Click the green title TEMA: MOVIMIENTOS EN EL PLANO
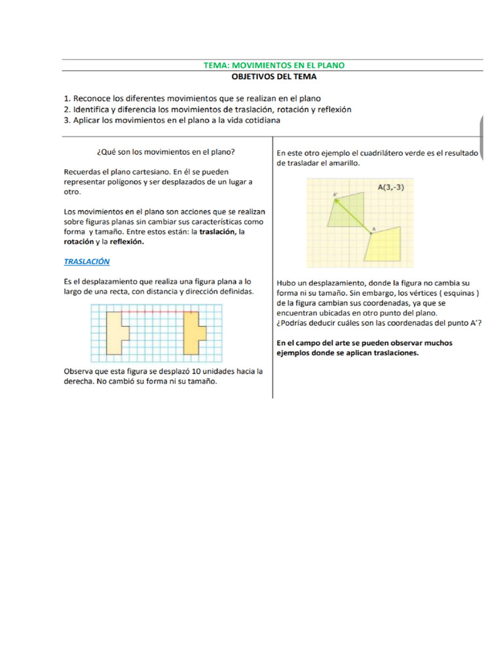pyautogui.click(x=274, y=65)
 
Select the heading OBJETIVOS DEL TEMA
pyautogui.click(x=274, y=77)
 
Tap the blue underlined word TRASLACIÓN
pyautogui.click(x=86, y=261)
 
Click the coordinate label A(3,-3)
pyautogui.click(x=395, y=187)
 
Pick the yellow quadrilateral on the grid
pyautogui.click(x=386, y=248)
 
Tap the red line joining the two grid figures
pyautogui.click(x=156, y=313)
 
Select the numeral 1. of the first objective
pyautogui.click(x=67, y=98)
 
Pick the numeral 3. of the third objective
pyautogui.click(x=67, y=121)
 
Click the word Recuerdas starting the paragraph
pyautogui.click(x=84, y=172)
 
